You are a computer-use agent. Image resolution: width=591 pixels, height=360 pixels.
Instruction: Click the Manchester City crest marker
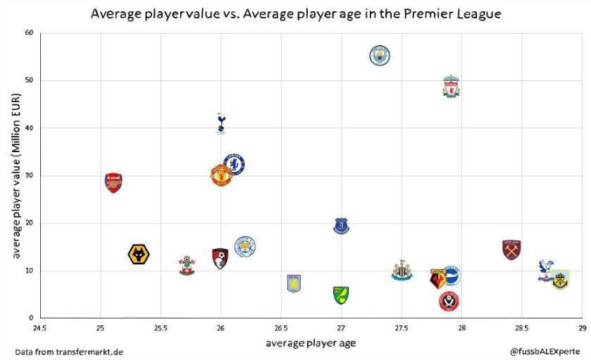tap(380, 55)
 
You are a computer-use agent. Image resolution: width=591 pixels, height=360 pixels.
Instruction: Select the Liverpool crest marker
tap(451, 87)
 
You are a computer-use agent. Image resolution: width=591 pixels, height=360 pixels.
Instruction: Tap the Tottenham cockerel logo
tap(221, 123)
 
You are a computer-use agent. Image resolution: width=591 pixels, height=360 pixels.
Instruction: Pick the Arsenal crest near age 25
tap(113, 182)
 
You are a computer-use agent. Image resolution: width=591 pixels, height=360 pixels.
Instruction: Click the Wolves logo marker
tap(141, 254)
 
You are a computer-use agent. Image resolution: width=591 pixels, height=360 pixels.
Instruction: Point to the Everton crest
tap(341, 225)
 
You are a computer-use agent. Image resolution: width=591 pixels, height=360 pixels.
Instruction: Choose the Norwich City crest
tap(341, 294)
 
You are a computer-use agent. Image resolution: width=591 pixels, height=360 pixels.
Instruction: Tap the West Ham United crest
tap(511, 249)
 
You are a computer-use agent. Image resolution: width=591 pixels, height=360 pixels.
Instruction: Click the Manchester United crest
tap(221, 175)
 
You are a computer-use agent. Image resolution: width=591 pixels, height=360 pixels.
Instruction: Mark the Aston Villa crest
tap(293, 283)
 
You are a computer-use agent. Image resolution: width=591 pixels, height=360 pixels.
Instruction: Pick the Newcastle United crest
tap(402, 271)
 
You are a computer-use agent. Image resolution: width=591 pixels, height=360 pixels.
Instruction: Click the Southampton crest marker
tap(187, 266)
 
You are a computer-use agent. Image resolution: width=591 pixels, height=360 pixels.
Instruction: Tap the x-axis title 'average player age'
tap(311, 344)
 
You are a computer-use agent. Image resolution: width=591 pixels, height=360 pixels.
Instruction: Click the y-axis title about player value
tap(15, 176)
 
